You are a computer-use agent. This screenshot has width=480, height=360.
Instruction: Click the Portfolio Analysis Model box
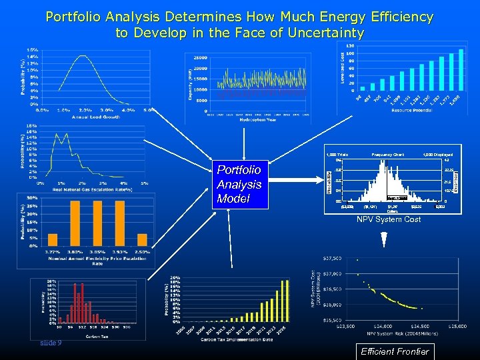[x=239, y=184]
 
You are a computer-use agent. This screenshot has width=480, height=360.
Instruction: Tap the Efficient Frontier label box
[x=395, y=351]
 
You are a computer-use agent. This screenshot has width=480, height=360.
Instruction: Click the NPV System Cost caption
[x=389, y=219]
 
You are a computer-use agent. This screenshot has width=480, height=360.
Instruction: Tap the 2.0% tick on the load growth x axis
[x=85, y=111]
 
